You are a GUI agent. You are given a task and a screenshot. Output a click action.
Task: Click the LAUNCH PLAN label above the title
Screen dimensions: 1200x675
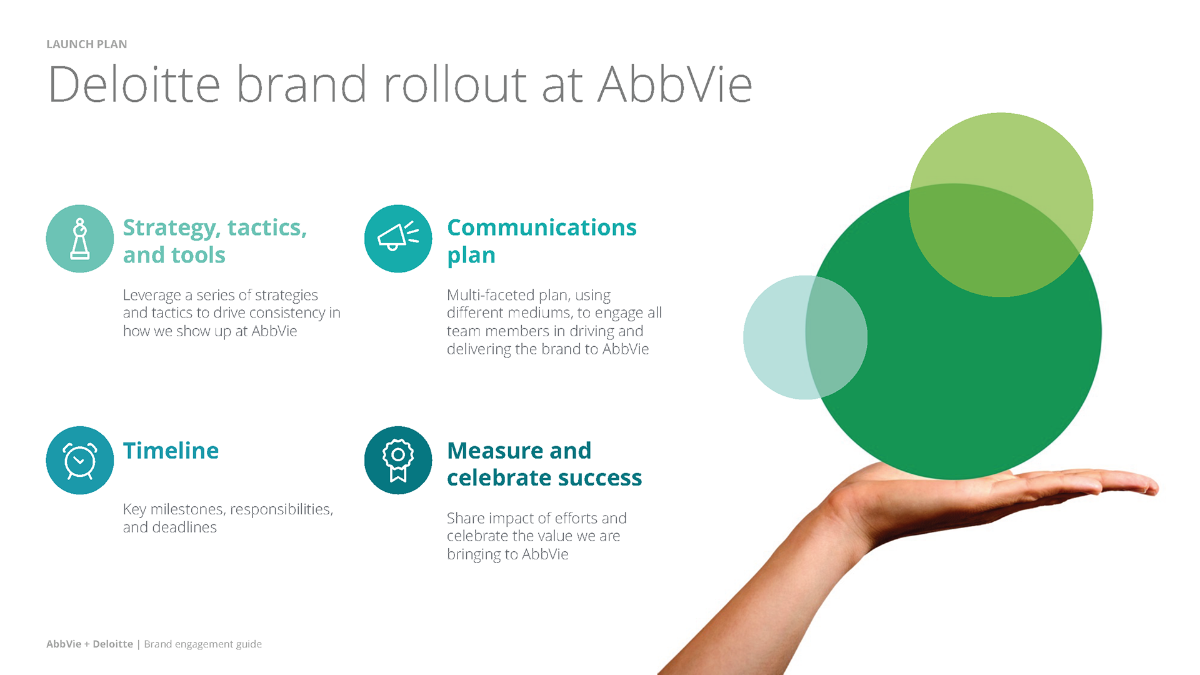(x=87, y=44)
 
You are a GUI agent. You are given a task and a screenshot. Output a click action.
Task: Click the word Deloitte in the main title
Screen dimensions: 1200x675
(x=134, y=84)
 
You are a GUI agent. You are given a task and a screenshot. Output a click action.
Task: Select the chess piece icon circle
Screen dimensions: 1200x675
(x=80, y=239)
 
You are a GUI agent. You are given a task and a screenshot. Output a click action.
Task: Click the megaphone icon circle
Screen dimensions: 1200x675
(x=398, y=239)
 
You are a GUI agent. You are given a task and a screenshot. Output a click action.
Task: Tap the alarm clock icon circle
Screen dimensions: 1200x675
(x=80, y=461)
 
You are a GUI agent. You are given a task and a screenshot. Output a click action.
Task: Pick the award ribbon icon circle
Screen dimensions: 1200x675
(x=398, y=461)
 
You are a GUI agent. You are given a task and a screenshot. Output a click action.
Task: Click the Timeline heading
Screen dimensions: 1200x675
(x=171, y=451)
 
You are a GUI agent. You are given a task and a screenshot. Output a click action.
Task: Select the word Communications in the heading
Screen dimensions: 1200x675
(x=542, y=227)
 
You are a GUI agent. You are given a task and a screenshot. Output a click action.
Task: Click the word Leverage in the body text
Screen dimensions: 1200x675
(x=152, y=296)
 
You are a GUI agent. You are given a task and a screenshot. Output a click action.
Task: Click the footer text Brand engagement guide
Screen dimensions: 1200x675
(x=203, y=644)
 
